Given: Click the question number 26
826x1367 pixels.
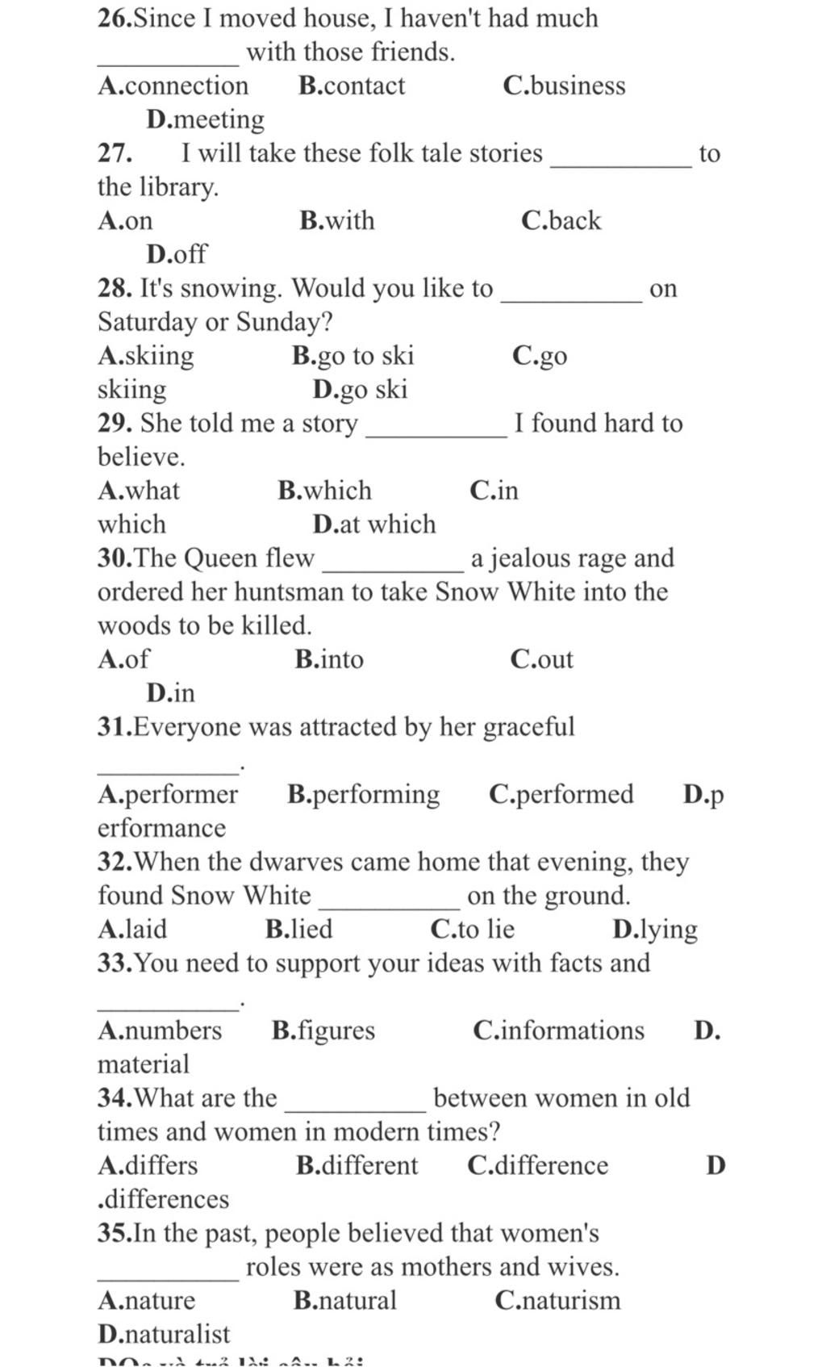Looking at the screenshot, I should pos(114,18).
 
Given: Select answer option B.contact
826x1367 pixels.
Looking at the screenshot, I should pos(352,86).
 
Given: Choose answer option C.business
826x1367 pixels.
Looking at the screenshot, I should pos(564,86).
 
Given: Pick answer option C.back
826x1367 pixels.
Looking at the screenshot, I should pos(561,220).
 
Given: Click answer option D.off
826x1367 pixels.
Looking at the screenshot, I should pos(177,254).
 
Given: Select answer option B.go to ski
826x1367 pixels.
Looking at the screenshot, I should pos(353,356).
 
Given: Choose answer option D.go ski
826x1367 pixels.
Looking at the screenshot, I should pos(361,390).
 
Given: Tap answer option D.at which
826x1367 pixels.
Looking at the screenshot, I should pos(374,525).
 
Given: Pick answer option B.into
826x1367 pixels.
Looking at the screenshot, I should pos(329,659).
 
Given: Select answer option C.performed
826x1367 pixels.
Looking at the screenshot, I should pos(561,794).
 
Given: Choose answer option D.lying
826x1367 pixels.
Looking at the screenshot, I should pos(655,930).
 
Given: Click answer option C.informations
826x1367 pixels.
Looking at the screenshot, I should pos(559,1030).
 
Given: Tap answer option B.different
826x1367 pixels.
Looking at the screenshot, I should pos(357,1165).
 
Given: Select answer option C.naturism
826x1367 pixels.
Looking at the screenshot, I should pos(558,1300).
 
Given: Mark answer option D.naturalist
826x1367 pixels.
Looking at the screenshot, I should pos(164,1334).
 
